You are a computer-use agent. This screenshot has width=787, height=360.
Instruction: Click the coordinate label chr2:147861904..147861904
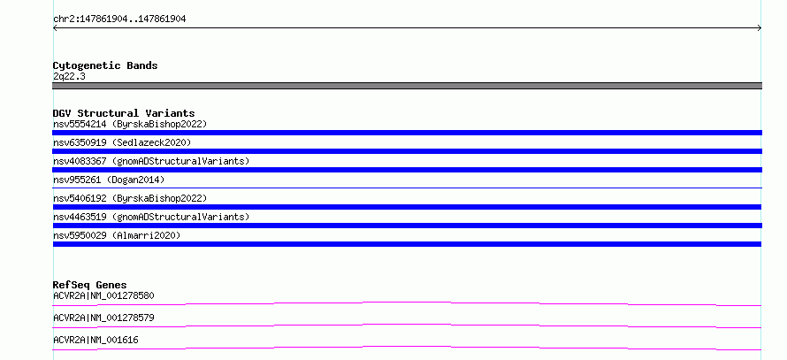click(119, 19)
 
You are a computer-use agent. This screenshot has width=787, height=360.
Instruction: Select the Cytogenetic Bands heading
click(105, 65)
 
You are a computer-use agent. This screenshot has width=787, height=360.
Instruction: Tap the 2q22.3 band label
click(69, 77)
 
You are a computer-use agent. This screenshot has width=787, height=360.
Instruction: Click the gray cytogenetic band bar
click(407, 86)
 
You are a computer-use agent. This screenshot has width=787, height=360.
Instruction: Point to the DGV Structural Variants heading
click(124, 113)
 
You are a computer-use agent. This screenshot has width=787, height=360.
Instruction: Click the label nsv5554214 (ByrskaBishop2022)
click(130, 124)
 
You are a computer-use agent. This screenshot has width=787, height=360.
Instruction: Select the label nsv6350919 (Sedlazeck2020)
click(122, 142)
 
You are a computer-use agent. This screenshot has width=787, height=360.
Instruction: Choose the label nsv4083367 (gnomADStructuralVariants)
click(151, 161)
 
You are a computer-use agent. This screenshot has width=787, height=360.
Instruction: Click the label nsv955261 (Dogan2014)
click(109, 180)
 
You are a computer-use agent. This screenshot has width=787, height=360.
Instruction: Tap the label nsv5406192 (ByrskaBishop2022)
click(130, 198)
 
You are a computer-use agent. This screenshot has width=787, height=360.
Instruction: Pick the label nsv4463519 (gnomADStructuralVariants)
click(151, 217)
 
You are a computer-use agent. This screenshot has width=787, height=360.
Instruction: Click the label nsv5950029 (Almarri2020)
click(117, 235)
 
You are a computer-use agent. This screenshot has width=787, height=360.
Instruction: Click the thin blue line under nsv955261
click(407, 188)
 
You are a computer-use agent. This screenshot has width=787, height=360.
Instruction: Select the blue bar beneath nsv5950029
click(407, 244)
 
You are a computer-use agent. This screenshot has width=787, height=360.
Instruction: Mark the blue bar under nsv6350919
click(407, 151)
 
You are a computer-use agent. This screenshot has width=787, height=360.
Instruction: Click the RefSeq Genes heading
click(90, 285)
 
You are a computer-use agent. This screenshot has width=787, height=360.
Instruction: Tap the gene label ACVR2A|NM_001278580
click(103, 295)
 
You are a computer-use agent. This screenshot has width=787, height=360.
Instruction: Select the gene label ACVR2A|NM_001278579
click(103, 318)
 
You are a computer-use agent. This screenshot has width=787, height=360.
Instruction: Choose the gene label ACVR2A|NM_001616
click(96, 340)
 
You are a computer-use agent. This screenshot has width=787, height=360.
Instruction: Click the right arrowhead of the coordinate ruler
click(760, 28)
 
